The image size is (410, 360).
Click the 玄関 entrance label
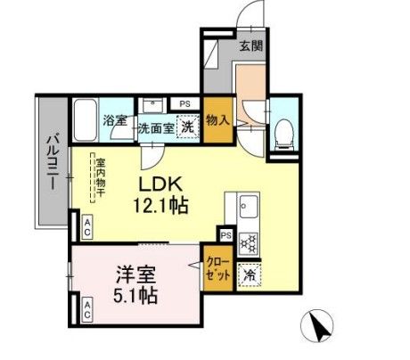pos(251,46)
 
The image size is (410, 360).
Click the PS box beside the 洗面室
pos(184,104)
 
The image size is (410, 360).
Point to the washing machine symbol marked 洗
pos(187,127)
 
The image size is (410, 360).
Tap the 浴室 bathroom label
pos(114,122)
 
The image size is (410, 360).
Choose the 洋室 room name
pos(135,274)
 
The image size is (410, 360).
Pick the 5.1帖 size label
pos(135,295)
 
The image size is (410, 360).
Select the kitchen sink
pos(247,211)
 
